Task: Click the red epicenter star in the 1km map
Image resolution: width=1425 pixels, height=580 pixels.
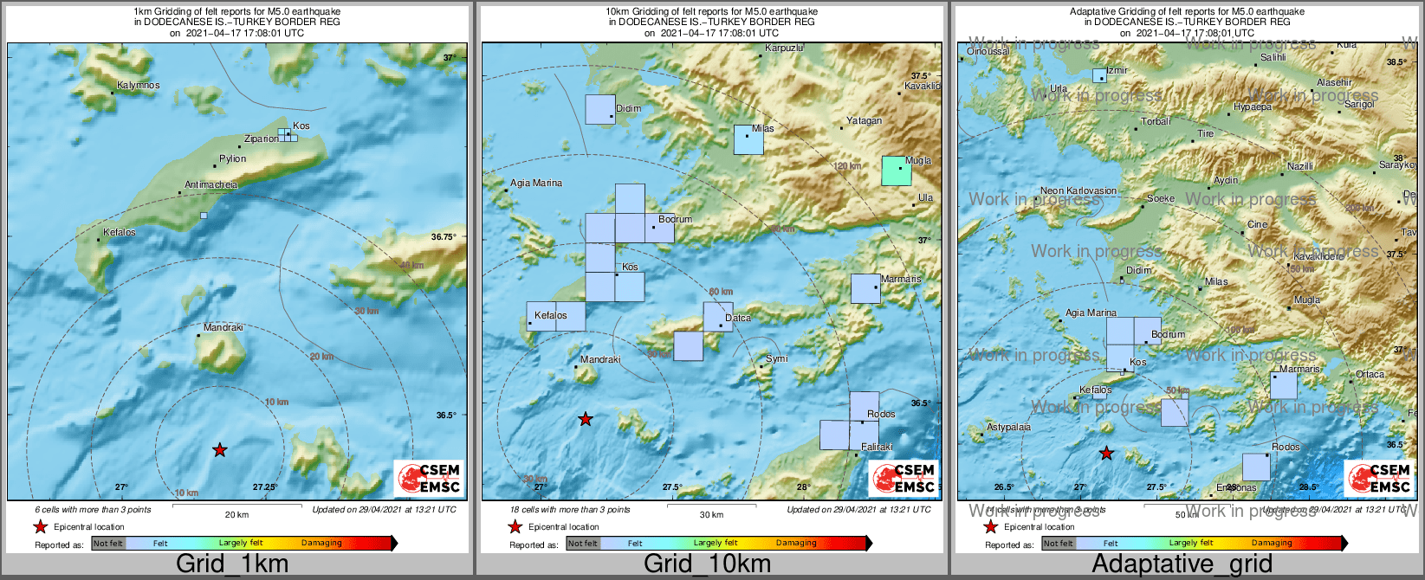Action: coord(220,450)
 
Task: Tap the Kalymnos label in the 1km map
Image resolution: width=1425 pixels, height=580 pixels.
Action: coord(139,86)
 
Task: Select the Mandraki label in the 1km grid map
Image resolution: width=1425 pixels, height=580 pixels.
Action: coord(223,328)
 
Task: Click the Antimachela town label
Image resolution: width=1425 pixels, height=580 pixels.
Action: coord(211,185)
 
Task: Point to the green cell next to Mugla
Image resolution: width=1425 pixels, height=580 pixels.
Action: coord(897,171)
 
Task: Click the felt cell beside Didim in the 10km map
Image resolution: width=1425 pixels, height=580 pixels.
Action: coord(600,110)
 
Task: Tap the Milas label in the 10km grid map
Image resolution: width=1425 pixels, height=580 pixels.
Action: coord(763,129)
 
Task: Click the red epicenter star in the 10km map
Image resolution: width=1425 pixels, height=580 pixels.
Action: coord(586,419)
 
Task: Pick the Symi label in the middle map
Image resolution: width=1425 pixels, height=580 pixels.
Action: coord(777,358)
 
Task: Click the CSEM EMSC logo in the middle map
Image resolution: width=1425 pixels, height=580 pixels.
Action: coord(904,478)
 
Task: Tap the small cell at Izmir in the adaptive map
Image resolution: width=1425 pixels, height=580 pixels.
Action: coord(1099,75)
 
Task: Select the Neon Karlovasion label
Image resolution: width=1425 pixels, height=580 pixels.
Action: coord(1078,191)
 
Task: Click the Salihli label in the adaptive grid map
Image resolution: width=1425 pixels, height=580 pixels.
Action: coord(1273,58)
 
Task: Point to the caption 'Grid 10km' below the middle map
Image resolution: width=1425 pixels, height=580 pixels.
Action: coord(707,564)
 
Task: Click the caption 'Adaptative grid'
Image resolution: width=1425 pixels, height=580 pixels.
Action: coord(1182,564)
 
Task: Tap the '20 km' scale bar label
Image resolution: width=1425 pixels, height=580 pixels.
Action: coord(236,515)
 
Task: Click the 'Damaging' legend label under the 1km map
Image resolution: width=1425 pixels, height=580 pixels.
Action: coord(321,544)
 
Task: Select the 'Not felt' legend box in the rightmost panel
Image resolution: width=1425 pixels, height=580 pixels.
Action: coord(1058,544)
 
